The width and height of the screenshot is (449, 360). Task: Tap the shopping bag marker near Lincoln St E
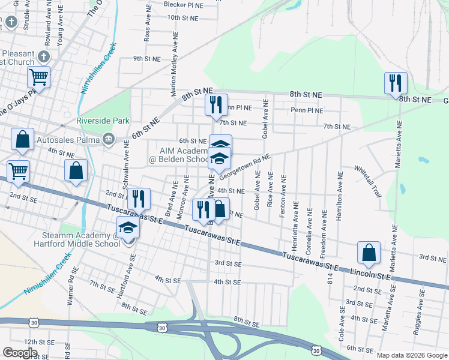[x=369, y=252]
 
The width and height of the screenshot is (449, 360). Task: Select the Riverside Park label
[x=103, y=121]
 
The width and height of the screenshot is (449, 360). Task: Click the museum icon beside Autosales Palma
[x=108, y=139]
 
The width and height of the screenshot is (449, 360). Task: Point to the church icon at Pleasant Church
[x=43, y=56]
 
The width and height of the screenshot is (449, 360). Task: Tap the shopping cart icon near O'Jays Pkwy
[x=38, y=77]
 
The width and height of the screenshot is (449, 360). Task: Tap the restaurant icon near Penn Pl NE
[x=216, y=104]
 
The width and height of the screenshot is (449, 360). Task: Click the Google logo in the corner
[x=20, y=352]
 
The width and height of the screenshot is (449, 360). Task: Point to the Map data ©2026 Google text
[x=412, y=355]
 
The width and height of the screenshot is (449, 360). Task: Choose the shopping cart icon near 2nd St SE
[x=18, y=171]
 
